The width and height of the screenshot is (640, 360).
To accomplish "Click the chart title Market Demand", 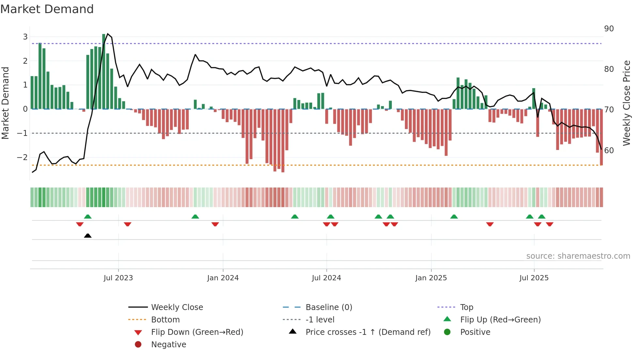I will click(x=47, y=9).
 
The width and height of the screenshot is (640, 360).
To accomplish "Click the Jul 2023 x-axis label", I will click(x=118, y=278).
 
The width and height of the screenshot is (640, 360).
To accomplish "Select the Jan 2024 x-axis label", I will click(x=223, y=278).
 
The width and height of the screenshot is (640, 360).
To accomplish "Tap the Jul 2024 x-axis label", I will click(x=326, y=278).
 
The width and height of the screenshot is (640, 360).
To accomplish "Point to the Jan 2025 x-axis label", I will click(x=431, y=278).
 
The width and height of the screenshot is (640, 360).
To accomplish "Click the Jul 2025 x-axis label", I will click(x=534, y=278).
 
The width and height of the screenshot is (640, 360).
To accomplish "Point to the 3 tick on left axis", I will click(x=25, y=37).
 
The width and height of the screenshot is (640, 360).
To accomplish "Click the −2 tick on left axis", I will click(x=23, y=157).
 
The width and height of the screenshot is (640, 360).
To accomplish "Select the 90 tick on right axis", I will click(x=609, y=29).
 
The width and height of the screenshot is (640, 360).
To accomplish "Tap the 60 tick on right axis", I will click(x=609, y=150).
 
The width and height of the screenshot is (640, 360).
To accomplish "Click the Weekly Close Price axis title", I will click(x=626, y=103).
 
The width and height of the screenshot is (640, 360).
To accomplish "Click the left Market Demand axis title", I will click(x=6, y=103).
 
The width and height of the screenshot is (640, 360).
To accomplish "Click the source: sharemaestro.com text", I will click(x=578, y=256).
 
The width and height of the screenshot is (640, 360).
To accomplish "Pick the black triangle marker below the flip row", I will click(x=88, y=236).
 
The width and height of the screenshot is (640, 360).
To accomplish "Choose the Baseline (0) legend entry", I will click(x=328, y=307).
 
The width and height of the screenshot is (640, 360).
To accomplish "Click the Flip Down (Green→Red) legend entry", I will click(x=197, y=332).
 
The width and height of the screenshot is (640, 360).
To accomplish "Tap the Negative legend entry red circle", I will click(x=138, y=345).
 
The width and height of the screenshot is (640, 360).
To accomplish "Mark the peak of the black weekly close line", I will click(x=108, y=34).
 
